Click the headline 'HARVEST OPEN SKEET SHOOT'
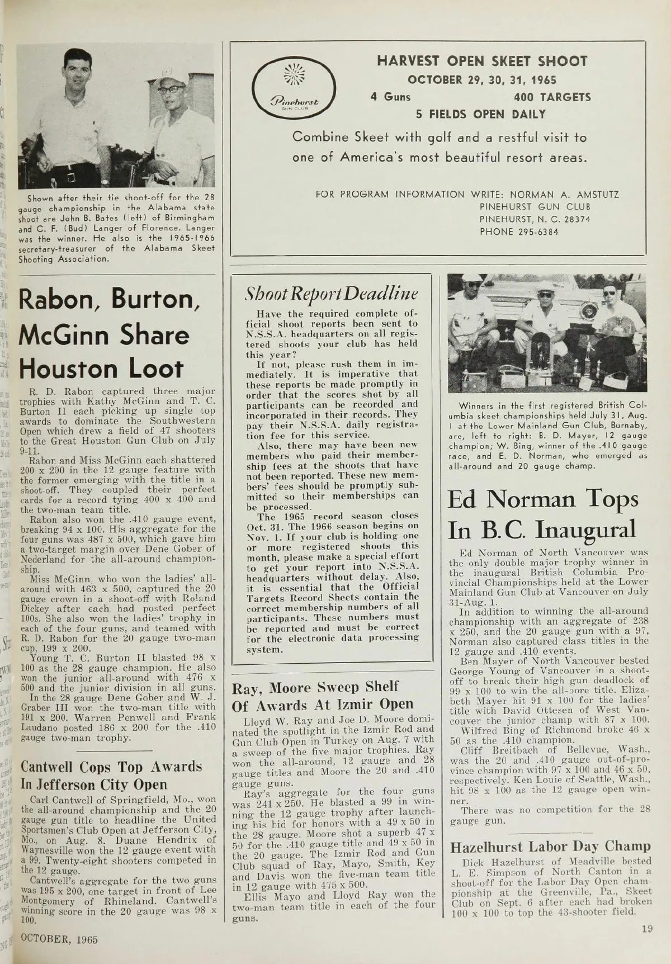click(x=482, y=62)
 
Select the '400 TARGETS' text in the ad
click(x=552, y=97)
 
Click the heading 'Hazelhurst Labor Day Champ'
click(x=550, y=845)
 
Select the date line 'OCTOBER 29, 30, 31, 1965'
click(x=482, y=80)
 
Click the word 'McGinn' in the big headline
click(x=65, y=334)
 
